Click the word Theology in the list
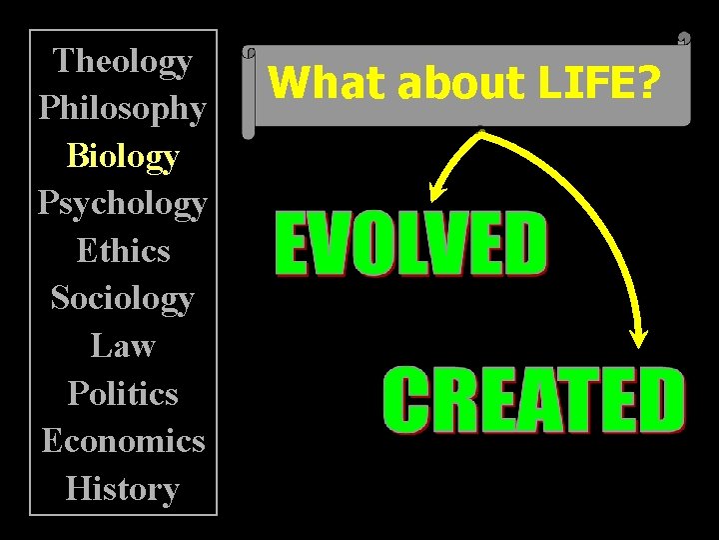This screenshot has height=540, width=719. tap(123, 61)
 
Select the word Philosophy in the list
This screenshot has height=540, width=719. tap(123, 108)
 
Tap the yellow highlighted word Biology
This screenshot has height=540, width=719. tap(123, 156)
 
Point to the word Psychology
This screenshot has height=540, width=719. tap(123, 203)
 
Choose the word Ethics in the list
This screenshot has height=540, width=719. tap(123, 250)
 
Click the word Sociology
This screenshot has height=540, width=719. tap(123, 298)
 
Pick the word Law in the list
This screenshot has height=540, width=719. tap(123, 346)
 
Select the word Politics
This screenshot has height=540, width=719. tap(123, 393)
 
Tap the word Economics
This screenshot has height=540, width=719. tap(123, 441)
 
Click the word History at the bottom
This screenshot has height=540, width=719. tap(123, 489)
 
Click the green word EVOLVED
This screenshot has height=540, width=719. tap(410, 244)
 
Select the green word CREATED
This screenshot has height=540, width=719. tap(534, 399)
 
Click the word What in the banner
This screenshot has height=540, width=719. tap(309, 83)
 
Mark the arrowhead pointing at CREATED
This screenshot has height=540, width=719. tap(640, 336)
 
